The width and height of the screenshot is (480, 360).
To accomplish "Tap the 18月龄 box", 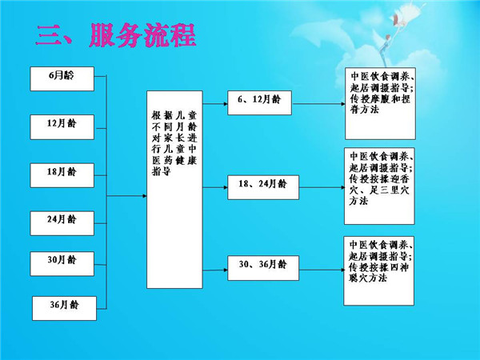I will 62,173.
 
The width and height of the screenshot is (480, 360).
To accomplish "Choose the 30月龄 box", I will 62,260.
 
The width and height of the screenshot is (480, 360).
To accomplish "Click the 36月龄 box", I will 63,306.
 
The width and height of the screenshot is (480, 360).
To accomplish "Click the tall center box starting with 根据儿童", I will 173,189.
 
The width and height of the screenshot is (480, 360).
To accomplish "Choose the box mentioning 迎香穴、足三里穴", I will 381,185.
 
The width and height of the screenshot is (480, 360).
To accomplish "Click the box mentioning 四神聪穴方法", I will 381,270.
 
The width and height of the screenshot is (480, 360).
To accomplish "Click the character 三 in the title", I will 50,35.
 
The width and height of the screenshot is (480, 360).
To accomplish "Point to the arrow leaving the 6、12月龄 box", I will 316,104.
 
